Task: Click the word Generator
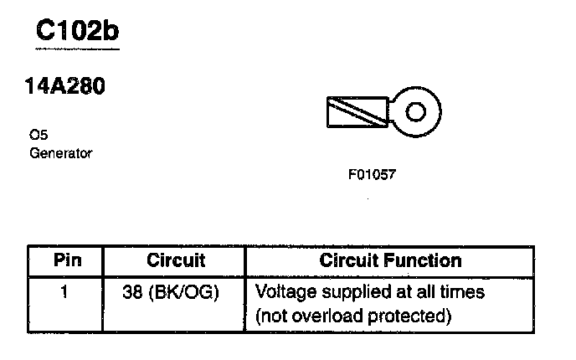click(x=60, y=153)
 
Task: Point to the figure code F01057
click(x=371, y=176)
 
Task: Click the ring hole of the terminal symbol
click(x=416, y=111)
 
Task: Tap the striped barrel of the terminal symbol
click(x=355, y=112)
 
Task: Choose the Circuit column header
click(x=176, y=260)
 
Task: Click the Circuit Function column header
click(x=390, y=260)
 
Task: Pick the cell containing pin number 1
click(x=65, y=294)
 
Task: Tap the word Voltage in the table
click(x=281, y=293)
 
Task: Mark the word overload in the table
click(x=320, y=316)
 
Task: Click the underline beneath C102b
click(x=77, y=50)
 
